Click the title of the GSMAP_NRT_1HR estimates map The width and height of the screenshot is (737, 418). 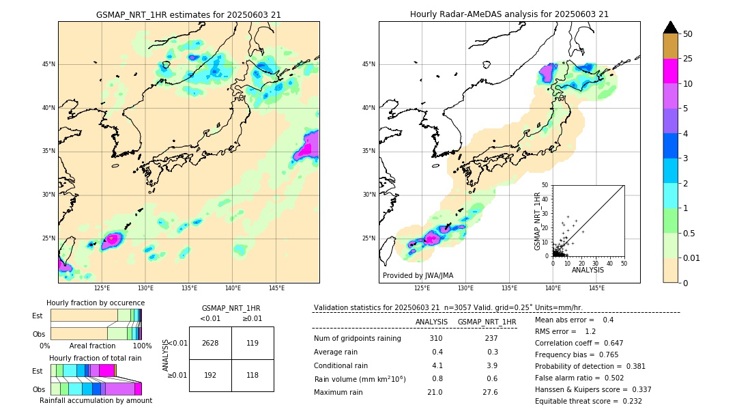188,14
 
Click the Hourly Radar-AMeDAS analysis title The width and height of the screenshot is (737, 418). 509,14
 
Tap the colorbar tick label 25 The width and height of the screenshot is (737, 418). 688,59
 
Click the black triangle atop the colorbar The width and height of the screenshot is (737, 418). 671,27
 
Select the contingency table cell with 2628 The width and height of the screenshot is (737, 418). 210,343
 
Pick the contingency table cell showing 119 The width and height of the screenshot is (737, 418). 252,343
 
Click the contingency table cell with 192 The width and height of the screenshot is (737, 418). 210,375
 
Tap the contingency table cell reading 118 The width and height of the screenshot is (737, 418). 252,375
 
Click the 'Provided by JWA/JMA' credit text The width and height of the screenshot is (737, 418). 418,275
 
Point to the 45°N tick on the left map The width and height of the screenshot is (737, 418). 48,64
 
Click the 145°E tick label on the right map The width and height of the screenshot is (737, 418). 596,288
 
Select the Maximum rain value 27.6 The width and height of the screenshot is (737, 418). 490,393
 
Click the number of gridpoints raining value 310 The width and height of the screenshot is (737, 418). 435,339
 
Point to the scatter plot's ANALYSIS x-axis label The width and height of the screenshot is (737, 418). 588,270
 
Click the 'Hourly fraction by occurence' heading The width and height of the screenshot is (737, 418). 96,303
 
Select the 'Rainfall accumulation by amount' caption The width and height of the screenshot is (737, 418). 96,400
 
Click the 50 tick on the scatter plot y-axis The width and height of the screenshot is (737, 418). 545,185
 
